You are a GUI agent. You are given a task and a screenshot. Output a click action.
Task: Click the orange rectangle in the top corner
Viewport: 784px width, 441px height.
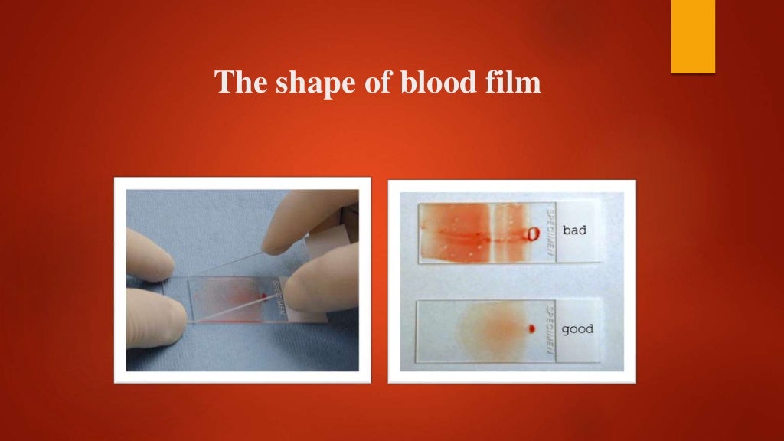693,36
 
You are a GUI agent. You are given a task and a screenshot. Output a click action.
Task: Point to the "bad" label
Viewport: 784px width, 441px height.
574,230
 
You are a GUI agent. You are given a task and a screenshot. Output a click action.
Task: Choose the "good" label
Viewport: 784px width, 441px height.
577,330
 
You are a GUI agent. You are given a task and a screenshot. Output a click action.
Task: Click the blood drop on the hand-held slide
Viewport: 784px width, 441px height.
265,294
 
